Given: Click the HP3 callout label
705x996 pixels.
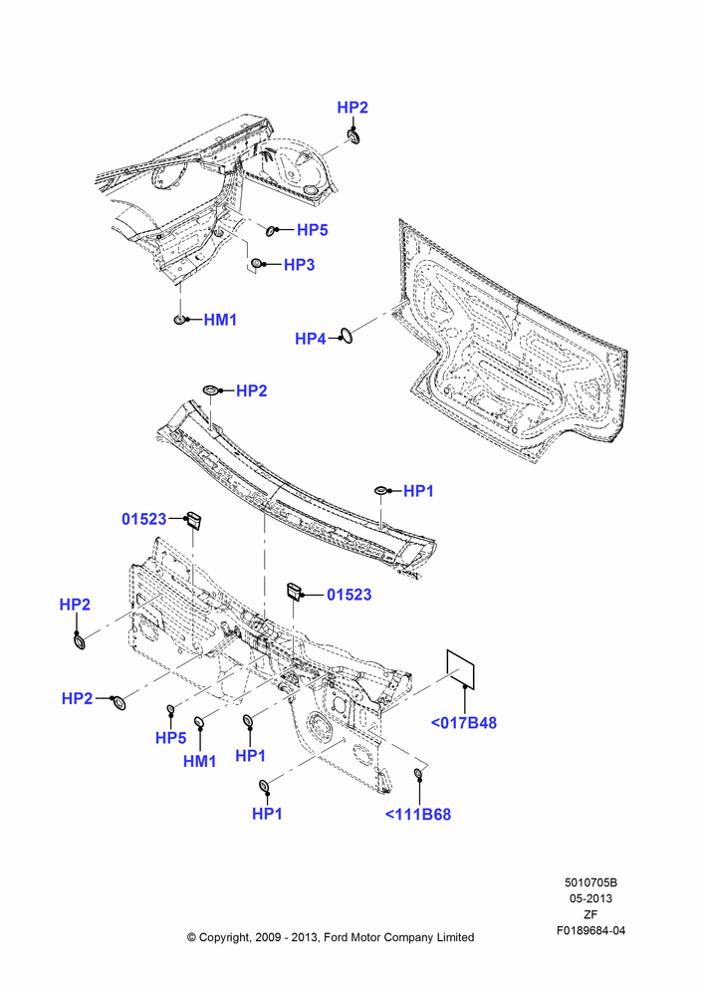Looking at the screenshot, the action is (299, 264).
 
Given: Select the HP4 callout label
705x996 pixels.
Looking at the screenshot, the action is (311, 339).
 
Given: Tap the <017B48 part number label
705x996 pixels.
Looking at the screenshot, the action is (464, 723).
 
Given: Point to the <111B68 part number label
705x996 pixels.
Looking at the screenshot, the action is (418, 815).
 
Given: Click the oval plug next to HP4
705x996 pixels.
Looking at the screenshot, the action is (347, 337).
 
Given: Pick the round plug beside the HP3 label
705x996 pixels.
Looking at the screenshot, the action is (256, 263).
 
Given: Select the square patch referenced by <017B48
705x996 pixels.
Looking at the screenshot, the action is (460, 668).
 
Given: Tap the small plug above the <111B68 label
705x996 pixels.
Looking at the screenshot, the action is (418, 773).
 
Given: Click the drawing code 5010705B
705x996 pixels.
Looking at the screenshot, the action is (590, 882).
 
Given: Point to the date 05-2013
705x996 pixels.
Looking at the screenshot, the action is (590, 898).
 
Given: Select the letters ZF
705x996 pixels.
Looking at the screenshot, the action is (590, 914).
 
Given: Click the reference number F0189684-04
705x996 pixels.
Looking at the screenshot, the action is (590, 930).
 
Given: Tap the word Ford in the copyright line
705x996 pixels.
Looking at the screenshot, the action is (336, 937).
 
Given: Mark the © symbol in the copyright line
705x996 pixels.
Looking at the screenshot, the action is (191, 937).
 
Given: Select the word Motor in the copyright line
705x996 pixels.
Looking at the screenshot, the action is (364, 937).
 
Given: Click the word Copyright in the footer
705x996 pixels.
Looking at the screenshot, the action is (224, 937).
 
